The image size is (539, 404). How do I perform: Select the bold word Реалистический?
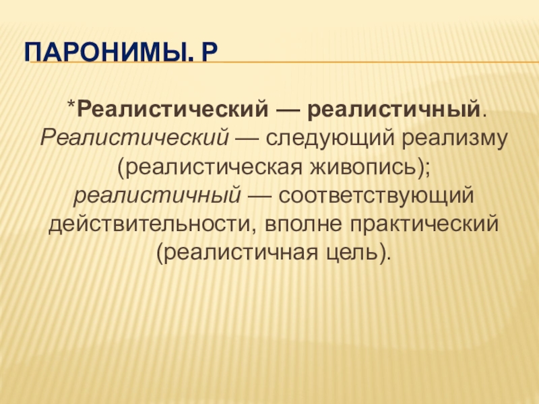point(172,109)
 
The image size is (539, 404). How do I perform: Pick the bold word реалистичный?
point(393,109)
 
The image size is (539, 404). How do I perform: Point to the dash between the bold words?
point(288,110)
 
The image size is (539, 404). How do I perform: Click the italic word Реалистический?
point(134,138)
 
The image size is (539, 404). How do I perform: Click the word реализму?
point(454,139)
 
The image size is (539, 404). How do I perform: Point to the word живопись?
point(364,167)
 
